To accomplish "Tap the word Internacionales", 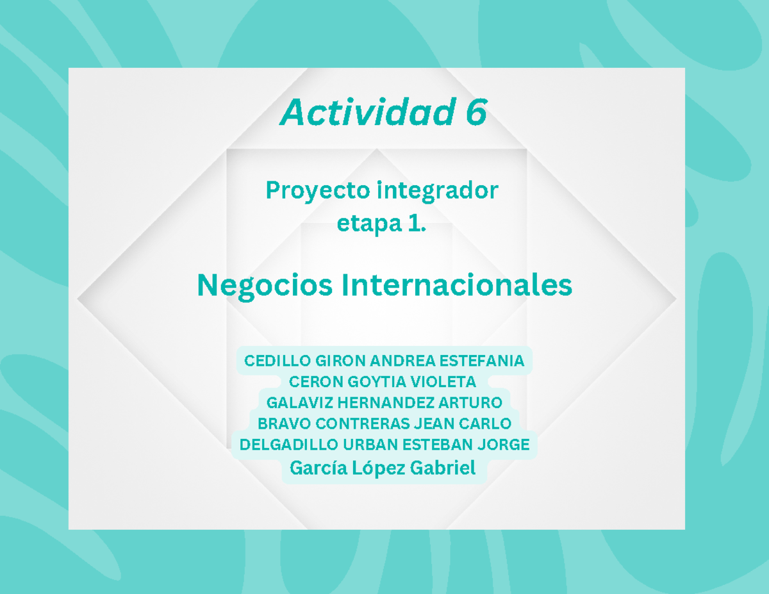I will tap(456, 285).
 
